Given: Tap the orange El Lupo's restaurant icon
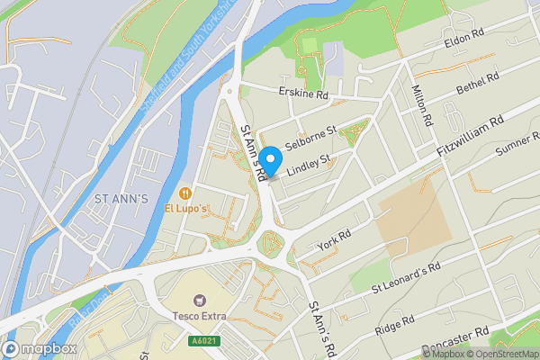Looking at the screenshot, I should coord(185,193).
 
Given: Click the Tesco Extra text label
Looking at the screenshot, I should coord(201,316).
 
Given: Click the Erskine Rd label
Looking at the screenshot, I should coord(303,94).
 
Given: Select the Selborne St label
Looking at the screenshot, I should coord(310,138).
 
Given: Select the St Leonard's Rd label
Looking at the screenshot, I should coord(406,279).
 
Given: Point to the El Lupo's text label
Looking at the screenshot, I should coord(186,209).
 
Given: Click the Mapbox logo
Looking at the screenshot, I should coord(40,348).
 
